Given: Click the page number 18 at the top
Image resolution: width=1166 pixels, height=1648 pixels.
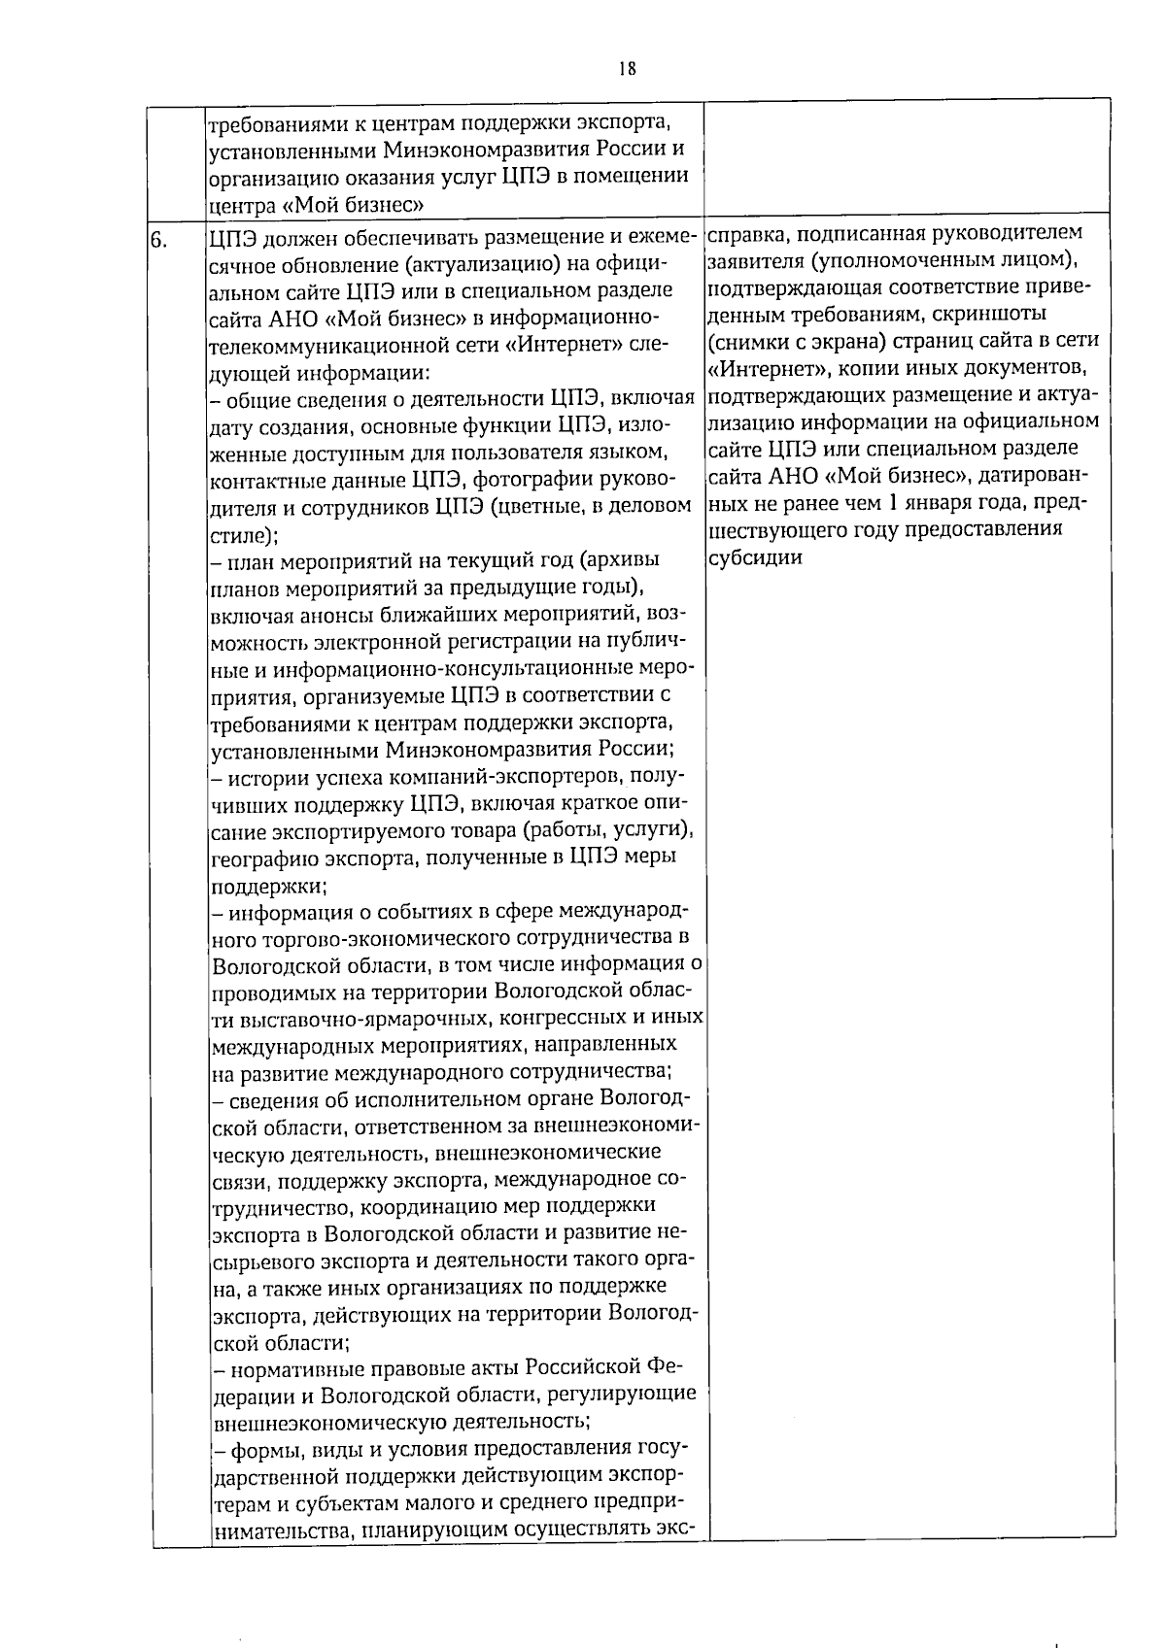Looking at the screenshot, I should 627,68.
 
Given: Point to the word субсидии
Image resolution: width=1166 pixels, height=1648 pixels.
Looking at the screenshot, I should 755,558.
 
